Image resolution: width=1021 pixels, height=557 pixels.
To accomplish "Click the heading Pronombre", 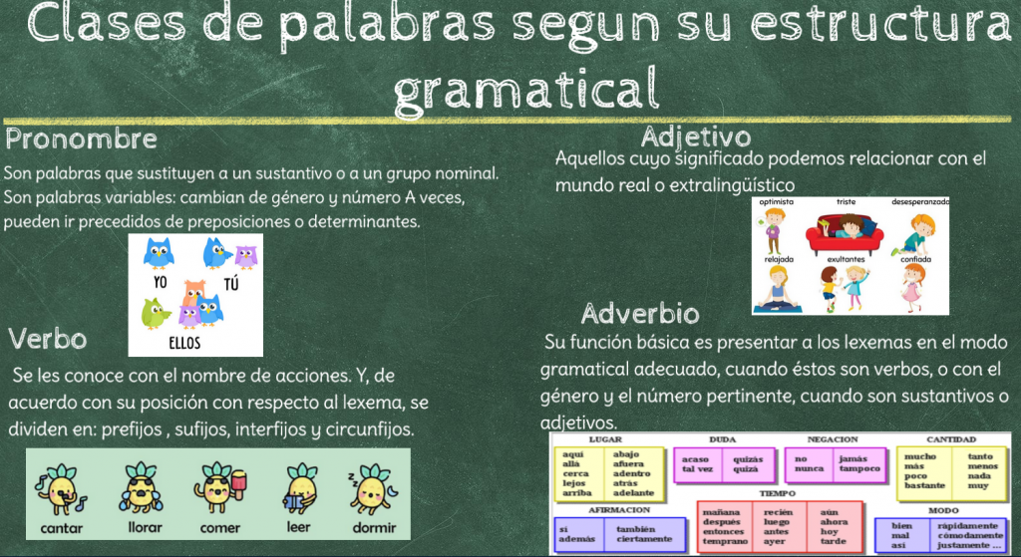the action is click(x=82, y=139).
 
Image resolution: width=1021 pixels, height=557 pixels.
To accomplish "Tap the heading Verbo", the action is click(x=48, y=339).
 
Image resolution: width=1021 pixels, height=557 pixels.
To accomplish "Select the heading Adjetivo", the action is click(x=695, y=138).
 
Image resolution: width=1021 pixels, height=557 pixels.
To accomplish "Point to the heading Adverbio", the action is click(x=640, y=314).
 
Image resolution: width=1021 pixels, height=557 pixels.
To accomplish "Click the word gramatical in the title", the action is click(x=526, y=89).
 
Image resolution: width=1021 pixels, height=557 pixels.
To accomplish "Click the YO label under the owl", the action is click(x=161, y=282).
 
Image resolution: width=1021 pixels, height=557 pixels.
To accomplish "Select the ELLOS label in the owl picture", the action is click(x=184, y=343).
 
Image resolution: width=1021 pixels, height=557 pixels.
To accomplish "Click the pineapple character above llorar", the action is click(x=141, y=488).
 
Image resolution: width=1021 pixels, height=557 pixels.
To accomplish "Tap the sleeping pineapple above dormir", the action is click(x=373, y=488).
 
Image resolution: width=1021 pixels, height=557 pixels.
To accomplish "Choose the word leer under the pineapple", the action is click(x=298, y=527).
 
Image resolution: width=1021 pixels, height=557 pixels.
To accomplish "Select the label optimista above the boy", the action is click(x=776, y=201).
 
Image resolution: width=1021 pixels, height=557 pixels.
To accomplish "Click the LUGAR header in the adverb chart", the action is click(x=605, y=439).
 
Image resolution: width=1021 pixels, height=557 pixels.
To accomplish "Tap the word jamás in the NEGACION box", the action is click(x=853, y=458).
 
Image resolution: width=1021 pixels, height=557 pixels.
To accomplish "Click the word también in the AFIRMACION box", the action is click(x=636, y=530).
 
